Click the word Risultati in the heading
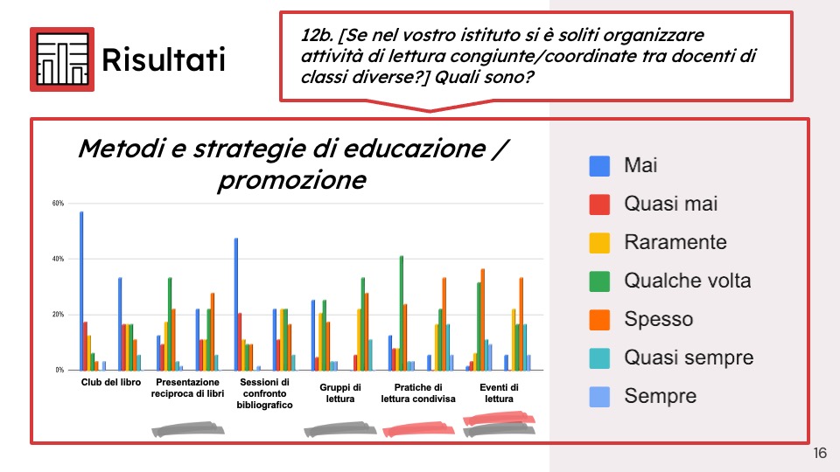[x=164, y=59]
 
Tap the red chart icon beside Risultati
[x=62, y=59]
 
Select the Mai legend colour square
[x=599, y=166]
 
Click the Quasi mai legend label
[x=671, y=204]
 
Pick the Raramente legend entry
[x=658, y=242]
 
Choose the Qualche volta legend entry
[x=670, y=281]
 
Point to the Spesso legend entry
[x=641, y=320]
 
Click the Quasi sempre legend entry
[x=671, y=358]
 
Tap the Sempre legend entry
[x=643, y=397]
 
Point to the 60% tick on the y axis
[x=58, y=204]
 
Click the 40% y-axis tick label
[x=58, y=259]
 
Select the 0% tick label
[x=59, y=370]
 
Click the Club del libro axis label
[x=111, y=382]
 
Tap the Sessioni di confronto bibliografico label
[x=264, y=393]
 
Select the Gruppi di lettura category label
[x=340, y=393]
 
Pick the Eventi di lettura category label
[x=500, y=393]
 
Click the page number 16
[x=820, y=454]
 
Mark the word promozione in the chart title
[x=292, y=180]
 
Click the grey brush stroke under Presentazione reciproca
[x=188, y=429]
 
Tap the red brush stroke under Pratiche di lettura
[x=419, y=429]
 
